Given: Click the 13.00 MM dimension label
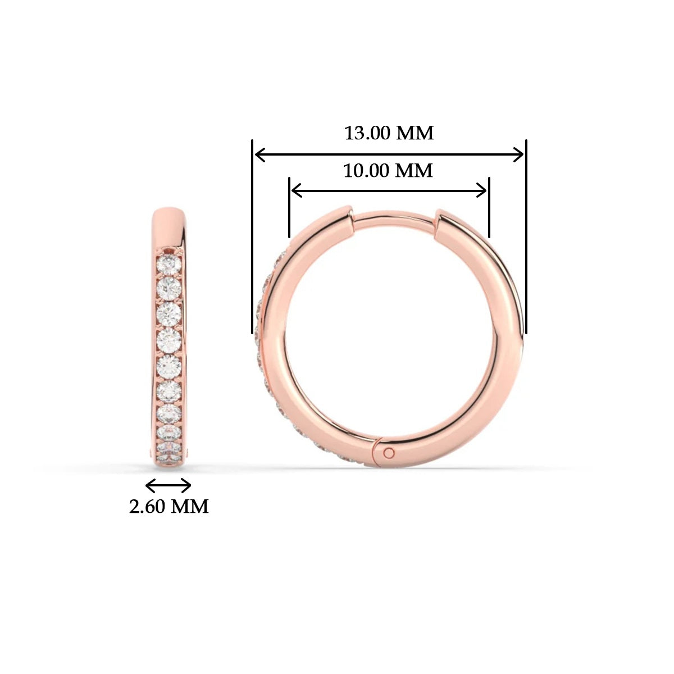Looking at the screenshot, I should point(389,133).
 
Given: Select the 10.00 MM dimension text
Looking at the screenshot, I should point(388,170).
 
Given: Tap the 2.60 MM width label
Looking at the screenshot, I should point(168,507).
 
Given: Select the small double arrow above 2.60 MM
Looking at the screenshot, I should point(168,485).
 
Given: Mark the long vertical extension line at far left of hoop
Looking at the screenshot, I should point(252,236).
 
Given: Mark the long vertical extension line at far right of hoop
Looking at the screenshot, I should point(526,236).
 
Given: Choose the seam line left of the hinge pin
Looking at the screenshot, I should point(374,449).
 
